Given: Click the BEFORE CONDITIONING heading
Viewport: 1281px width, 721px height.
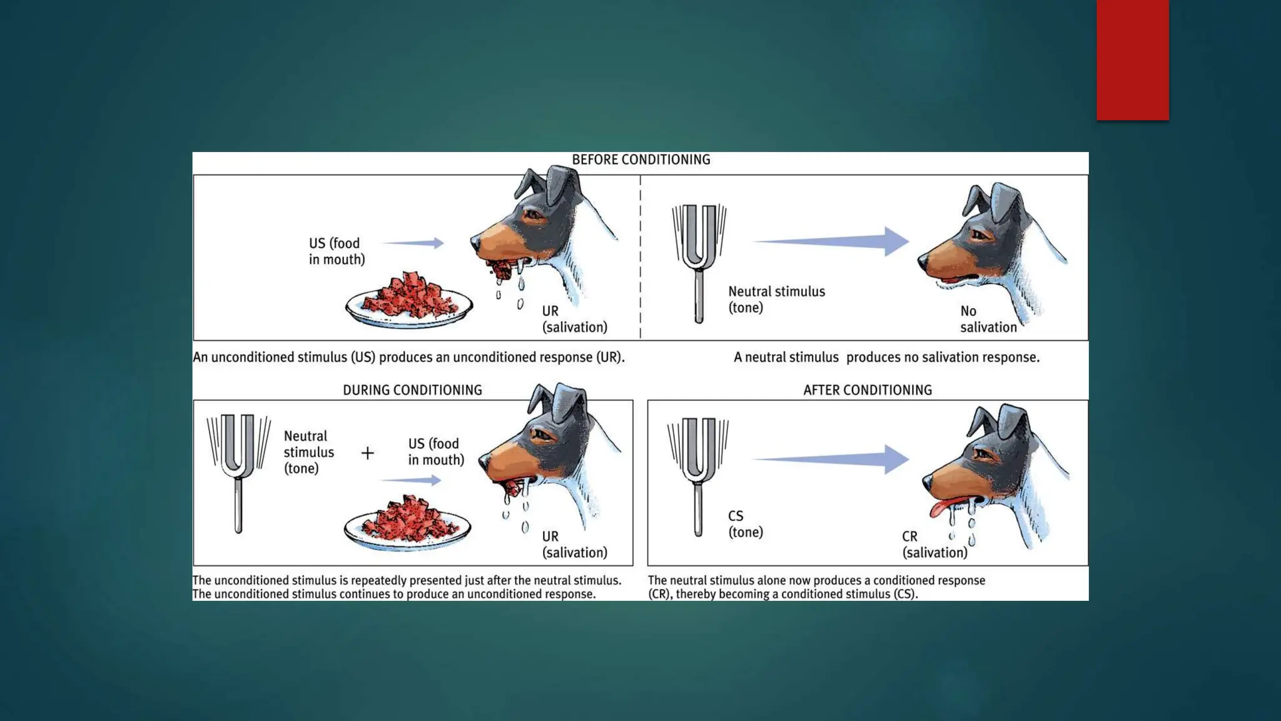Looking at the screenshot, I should tap(640, 160).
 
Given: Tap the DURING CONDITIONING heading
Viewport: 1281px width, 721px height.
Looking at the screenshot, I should tap(412, 390).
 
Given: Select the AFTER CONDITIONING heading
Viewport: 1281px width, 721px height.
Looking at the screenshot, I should tap(867, 390).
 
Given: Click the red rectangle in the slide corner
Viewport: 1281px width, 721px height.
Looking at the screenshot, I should tap(1132, 60).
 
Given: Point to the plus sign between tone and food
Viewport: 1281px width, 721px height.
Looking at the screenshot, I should tap(368, 453).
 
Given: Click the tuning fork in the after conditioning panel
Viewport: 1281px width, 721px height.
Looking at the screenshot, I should tap(698, 476).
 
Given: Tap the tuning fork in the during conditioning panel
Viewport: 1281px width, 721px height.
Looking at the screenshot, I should tap(238, 472).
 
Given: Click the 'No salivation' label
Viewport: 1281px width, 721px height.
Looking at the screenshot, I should tap(988, 319).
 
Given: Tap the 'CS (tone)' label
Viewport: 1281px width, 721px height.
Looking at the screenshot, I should tap(745, 524).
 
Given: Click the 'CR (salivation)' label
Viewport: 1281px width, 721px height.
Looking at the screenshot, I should tap(934, 545).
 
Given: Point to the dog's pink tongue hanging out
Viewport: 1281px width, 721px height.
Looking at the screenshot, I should tap(938, 508).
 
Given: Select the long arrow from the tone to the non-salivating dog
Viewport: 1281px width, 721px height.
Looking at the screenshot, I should tap(832, 241).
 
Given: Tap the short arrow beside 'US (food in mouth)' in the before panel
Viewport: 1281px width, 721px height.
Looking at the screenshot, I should tap(413, 243).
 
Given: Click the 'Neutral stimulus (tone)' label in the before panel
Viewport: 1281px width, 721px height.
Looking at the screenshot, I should tap(776, 299).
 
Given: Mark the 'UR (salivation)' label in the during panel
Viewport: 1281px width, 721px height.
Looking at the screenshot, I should tap(574, 545).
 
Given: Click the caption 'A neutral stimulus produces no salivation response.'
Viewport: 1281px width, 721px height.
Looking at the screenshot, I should tap(886, 357).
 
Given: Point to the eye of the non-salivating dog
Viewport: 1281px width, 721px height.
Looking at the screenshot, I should tap(979, 236).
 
